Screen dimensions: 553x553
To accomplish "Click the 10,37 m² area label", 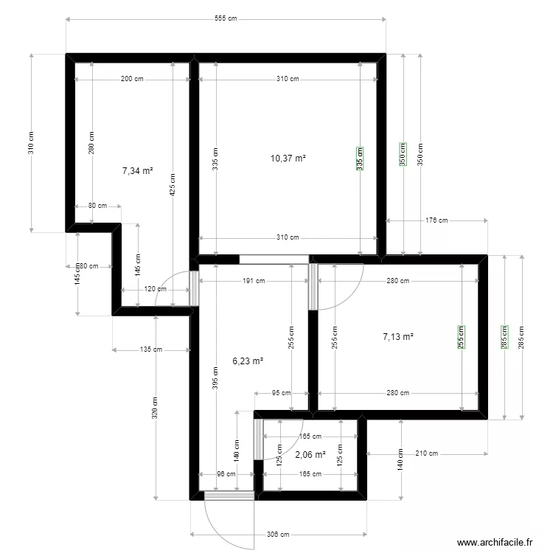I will pyautogui.click(x=288, y=158).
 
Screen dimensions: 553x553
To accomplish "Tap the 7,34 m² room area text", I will pyautogui.click(x=137, y=170).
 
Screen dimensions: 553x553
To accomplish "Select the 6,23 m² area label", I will pyautogui.click(x=248, y=361).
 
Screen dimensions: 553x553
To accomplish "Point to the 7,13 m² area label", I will pyautogui.click(x=397, y=337).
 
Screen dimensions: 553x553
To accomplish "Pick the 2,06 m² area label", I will pyautogui.click(x=310, y=455).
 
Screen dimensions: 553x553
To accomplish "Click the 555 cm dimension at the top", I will pyautogui.click(x=226, y=19).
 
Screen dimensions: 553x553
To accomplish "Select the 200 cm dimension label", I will pyautogui.click(x=133, y=79).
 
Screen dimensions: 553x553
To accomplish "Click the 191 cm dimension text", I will pyautogui.click(x=254, y=281).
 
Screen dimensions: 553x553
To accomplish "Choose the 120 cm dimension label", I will pyautogui.click(x=154, y=289).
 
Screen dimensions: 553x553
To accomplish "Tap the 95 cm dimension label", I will pyautogui.click(x=281, y=393).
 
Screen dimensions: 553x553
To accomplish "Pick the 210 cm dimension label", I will pyautogui.click(x=426, y=453).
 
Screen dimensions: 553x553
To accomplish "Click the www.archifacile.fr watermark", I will pyautogui.click(x=494, y=542).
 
